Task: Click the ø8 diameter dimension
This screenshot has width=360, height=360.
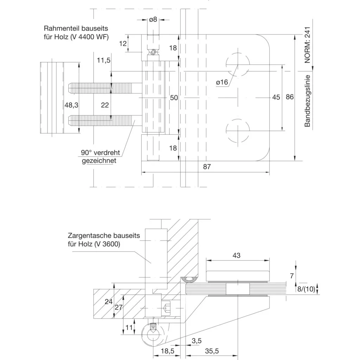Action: (153, 20)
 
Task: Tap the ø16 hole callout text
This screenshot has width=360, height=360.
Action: (222, 82)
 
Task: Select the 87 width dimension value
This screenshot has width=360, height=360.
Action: (207, 167)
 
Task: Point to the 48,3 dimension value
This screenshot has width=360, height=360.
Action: (71, 105)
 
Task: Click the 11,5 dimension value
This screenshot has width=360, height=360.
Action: (104, 60)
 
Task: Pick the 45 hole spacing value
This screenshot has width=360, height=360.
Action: (276, 97)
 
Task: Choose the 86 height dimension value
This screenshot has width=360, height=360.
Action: (290, 97)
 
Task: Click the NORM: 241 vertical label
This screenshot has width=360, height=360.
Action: (307, 45)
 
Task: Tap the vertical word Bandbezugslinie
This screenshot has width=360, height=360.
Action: (307, 101)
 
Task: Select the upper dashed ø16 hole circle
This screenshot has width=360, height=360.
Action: (238, 53)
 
